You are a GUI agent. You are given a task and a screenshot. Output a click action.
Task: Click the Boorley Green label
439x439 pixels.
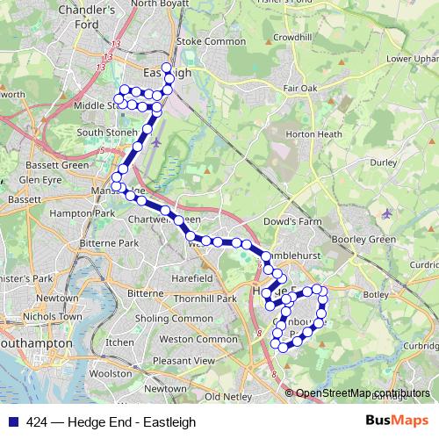[x=364, y=239]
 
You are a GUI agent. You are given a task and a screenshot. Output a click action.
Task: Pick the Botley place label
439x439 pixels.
[x=375, y=293]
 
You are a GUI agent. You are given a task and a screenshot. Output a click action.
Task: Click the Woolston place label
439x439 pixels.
[x=111, y=373]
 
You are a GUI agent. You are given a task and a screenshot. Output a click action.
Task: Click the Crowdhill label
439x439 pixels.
[x=293, y=39]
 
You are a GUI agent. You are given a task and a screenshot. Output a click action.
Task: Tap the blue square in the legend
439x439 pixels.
[x=14, y=421]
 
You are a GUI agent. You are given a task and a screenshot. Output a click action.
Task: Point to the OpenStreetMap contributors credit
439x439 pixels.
[x=363, y=392]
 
